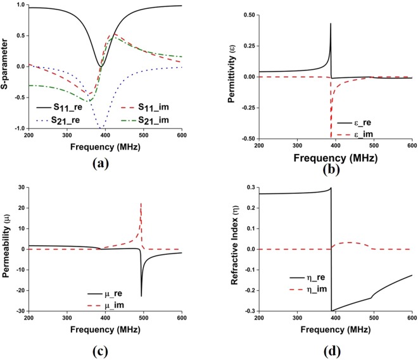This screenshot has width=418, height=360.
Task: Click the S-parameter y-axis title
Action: [x=6, y=67]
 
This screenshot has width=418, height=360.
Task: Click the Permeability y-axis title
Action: [x=6, y=248]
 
